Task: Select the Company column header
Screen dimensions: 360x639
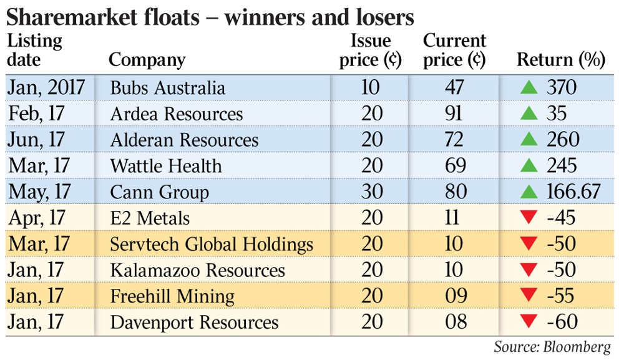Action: (x=147, y=60)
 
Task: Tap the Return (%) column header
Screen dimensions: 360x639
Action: (x=561, y=60)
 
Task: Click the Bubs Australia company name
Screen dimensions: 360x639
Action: (x=167, y=87)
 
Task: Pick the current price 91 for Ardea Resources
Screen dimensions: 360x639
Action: (x=454, y=114)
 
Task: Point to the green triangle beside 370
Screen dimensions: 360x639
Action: (x=529, y=87)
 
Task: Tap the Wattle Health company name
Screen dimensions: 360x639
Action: (x=165, y=166)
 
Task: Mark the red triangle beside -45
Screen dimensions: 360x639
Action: (x=529, y=218)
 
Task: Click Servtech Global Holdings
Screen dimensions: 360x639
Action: (x=211, y=244)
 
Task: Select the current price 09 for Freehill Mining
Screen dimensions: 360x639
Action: (x=454, y=296)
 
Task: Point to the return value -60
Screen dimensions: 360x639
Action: (x=560, y=322)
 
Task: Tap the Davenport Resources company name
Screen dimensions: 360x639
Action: (x=194, y=323)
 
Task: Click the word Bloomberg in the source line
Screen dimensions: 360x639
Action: (x=582, y=347)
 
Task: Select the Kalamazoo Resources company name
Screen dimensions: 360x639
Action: (x=197, y=270)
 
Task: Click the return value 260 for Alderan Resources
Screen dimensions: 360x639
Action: (x=562, y=140)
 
